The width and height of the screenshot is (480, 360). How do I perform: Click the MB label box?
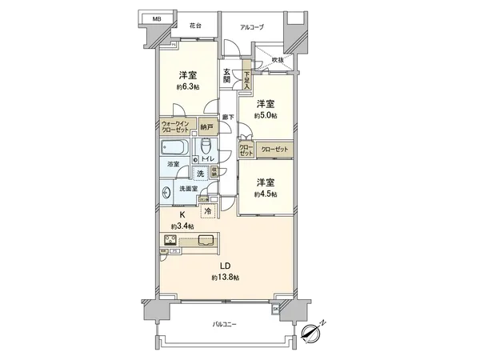pyautogui.click(x=158, y=18)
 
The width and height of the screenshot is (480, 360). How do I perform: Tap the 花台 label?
pyautogui.click(x=195, y=26)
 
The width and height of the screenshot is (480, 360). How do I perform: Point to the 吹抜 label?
pyautogui.click(x=278, y=60)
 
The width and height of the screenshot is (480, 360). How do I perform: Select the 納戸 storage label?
pyautogui.click(x=207, y=126)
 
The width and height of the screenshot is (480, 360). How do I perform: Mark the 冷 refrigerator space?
pyautogui.click(x=207, y=210)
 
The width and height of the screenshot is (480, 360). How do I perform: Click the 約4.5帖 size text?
pyautogui.click(x=266, y=193)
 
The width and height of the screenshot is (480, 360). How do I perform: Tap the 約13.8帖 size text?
pyautogui.click(x=225, y=277)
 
